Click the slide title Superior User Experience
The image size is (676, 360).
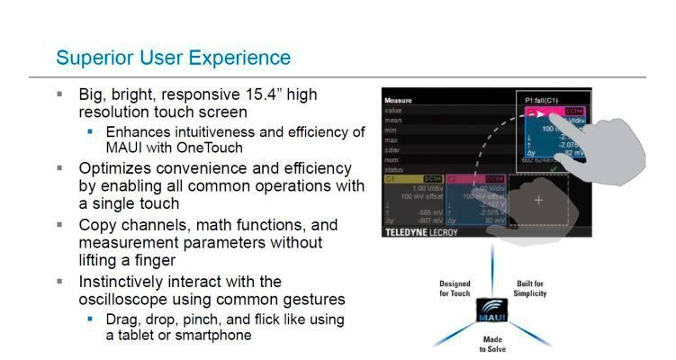173,58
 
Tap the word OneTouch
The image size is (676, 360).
212,148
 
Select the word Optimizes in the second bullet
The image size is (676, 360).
115,167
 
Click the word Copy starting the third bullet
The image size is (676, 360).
99,225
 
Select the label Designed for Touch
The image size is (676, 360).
455,288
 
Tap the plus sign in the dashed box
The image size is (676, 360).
538,200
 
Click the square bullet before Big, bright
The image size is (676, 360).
60,94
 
